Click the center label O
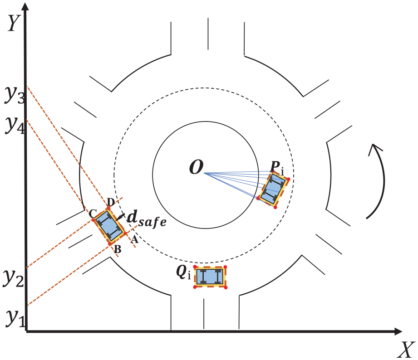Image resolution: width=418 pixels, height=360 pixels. tap(196, 167)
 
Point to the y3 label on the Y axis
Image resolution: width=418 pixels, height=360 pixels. tap(15, 95)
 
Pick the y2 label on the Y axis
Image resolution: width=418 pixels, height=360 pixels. tap(13, 278)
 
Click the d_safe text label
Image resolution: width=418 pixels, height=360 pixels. tap(147, 219)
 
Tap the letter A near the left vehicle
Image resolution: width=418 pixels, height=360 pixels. tap(135, 239)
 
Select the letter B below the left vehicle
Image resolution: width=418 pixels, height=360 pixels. tap(118, 249)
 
